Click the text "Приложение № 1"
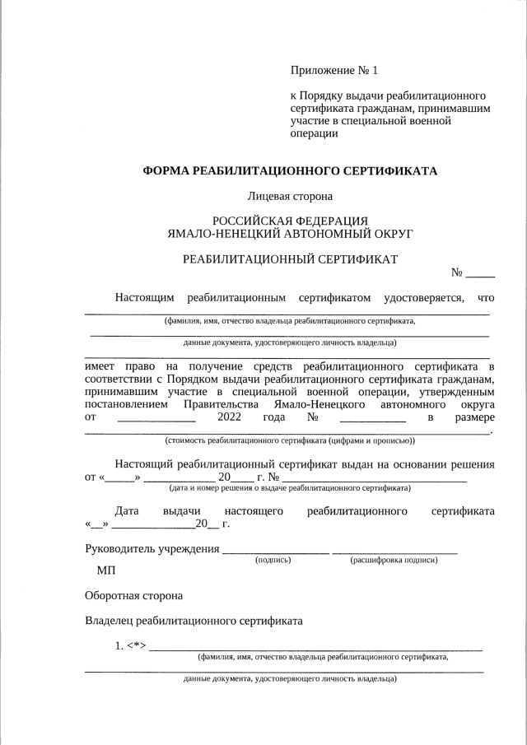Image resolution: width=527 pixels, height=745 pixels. click(x=333, y=72)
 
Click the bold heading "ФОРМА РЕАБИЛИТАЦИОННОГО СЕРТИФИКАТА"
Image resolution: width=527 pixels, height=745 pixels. click(x=290, y=171)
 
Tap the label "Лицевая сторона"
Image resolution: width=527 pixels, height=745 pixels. click(x=289, y=197)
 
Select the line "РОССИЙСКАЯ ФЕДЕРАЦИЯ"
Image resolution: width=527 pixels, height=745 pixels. click(x=290, y=221)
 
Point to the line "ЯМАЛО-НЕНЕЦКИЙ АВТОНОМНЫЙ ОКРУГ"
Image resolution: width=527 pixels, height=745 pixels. click(x=290, y=234)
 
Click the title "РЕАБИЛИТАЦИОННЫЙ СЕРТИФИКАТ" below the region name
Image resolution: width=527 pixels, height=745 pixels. click(x=290, y=259)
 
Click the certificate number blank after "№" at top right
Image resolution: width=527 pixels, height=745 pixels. click(x=481, y=275)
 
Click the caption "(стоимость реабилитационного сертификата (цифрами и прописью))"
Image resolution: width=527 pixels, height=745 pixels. click(x=290, y=440)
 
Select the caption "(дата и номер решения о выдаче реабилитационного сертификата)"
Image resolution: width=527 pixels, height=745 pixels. click(x=290, y=488)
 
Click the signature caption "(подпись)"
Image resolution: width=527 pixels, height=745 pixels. click(x=273, y=560)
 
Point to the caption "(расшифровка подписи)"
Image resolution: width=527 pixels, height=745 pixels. click(x=394, y=560)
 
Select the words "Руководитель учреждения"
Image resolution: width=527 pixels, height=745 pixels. click(x=152, y=549)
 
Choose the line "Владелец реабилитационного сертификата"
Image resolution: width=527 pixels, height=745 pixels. click(x=194, y=621)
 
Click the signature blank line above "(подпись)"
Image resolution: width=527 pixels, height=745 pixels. click(x=275, y=552)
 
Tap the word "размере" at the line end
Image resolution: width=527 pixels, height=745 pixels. click(x=474, y=418)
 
